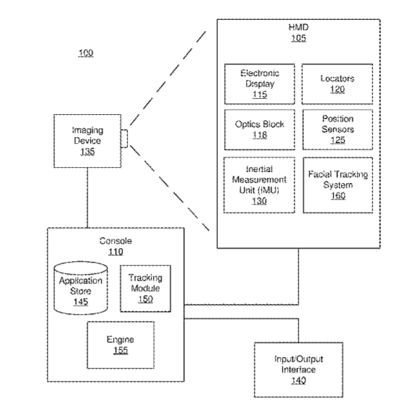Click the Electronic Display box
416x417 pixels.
(x=259, y=84)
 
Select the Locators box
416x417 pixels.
(x=337, y=84)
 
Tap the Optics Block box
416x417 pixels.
(x=259, y=130)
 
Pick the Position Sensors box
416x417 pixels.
(x=338, y=130)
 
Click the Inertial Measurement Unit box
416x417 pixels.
(x=259, y=185)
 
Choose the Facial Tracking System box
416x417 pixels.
(x=338, y=185)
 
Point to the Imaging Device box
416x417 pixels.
(x=88, y=141)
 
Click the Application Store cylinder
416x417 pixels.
(x=80, y=288)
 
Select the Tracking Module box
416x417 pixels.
(x=146, y=289)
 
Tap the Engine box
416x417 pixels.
(x=121, y=345)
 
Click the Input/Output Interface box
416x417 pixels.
(x=299, y=370)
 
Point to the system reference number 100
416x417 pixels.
(x=86, y=53)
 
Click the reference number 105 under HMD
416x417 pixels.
(x=299, y=38)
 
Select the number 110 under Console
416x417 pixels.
(x=116, y=252)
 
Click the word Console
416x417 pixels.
(x=116, y=241)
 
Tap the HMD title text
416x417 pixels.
(x=299, y=27)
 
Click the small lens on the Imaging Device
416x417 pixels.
(x=125, y=139)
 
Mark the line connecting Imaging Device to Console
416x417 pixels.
(x=88, y=197)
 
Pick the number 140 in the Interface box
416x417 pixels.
(x=299, y=380)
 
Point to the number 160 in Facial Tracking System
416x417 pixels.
(x=338, y=196)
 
